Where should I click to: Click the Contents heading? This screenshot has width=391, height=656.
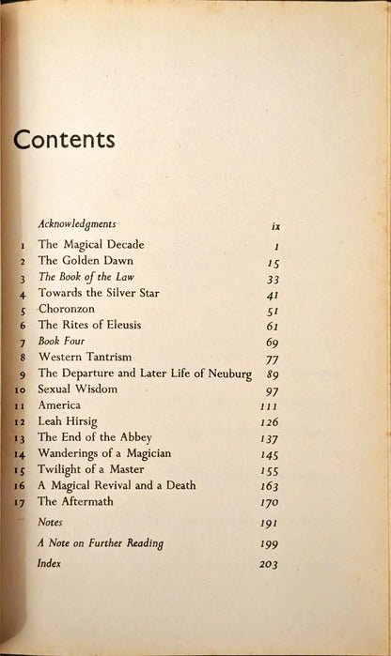[64, 140]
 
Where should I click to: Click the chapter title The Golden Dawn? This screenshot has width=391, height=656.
[85, 261]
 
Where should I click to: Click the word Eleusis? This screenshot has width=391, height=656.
[138, 325]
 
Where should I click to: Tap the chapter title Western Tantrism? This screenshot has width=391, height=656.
[86, 358]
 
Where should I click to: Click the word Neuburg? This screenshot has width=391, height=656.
[227, 374]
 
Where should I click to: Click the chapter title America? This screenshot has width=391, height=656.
[60, 405]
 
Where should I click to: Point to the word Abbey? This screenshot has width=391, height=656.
[132, 437]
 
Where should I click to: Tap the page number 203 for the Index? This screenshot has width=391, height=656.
[269, 564]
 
